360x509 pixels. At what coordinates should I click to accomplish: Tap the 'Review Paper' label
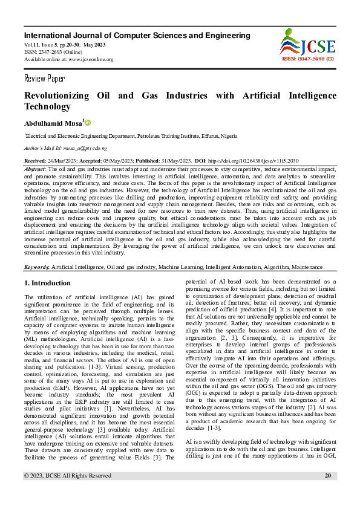pyautogui.click(x=44, y=79)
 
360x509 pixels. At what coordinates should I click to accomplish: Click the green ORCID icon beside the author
pyautogui.click(x=88, y=123)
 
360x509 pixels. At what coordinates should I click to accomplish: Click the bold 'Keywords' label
pyautogui.click(x=36, y=267)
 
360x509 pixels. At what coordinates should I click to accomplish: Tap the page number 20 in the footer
pyautogui.click(x=328, y=493)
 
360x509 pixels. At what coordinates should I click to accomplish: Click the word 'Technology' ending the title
pyautogui.click(x=47, y=107)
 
